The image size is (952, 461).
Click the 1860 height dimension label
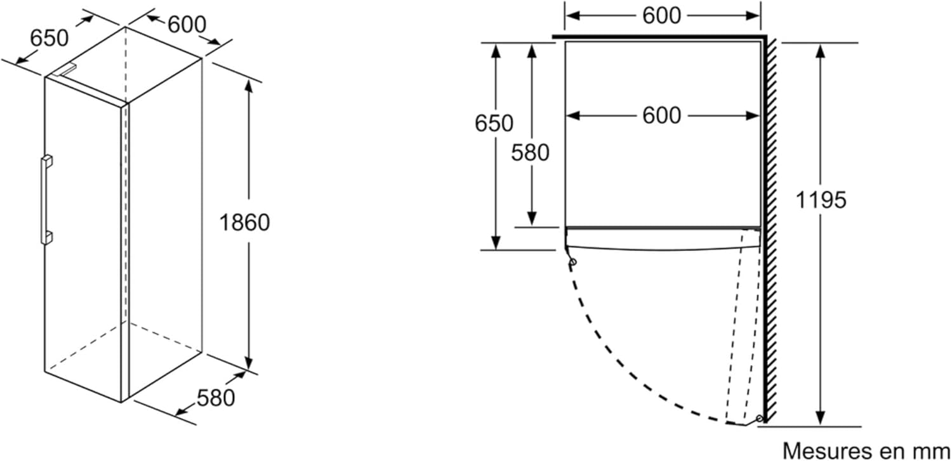pos(244,223)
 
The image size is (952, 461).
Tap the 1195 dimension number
pos(821,200)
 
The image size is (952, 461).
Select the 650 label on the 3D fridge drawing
pos(49,38)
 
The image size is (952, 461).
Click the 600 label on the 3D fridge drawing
pos(187,24)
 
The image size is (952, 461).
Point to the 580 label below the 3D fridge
pos(216,398)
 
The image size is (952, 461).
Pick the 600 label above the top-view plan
pos(661,15)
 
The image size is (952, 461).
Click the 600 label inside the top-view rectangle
pos(661,115)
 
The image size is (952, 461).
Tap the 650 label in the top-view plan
pos(494,123)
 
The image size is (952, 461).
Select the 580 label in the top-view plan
pos(531,152)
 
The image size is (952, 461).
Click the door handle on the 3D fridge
pos(46,199)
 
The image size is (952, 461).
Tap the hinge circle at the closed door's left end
pos(572,261)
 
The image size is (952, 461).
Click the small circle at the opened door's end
pos(759,419)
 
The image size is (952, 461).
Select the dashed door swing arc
pos(628,368)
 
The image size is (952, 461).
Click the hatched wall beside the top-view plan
pos(771,228)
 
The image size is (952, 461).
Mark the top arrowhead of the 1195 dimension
pos(821,51)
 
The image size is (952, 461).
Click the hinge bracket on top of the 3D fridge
pos(65,70)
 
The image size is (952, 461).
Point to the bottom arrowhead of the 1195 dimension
pos(821,419)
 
